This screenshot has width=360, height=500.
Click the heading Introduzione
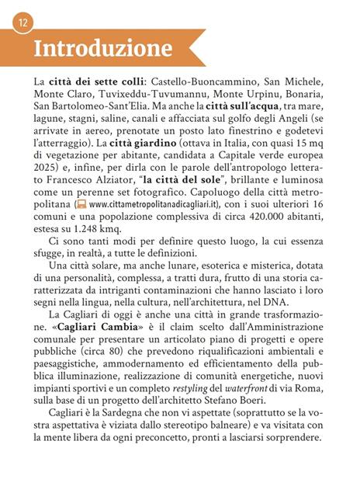coord(103,48)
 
